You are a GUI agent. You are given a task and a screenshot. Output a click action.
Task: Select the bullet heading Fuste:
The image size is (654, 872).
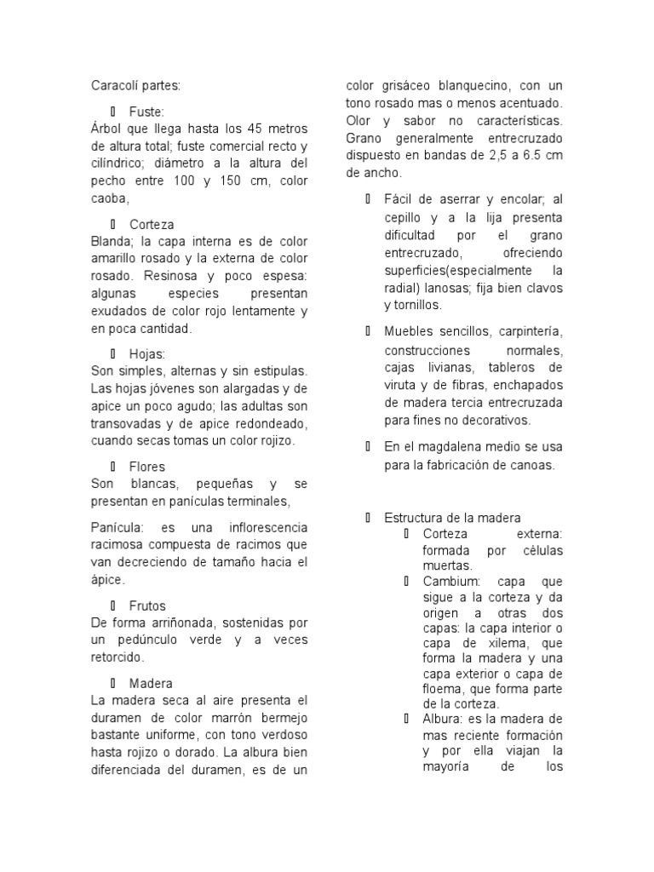[146, 112]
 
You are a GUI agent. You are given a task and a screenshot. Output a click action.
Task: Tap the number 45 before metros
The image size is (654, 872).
[256, 129]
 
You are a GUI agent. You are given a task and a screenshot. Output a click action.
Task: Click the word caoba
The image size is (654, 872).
[108, 198]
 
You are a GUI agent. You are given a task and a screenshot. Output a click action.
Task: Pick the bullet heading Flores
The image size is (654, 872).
[147, 467]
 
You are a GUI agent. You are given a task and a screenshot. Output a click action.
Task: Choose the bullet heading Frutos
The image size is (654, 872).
[147, 606]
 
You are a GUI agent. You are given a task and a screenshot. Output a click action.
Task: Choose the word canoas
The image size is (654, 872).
[531, 465]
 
